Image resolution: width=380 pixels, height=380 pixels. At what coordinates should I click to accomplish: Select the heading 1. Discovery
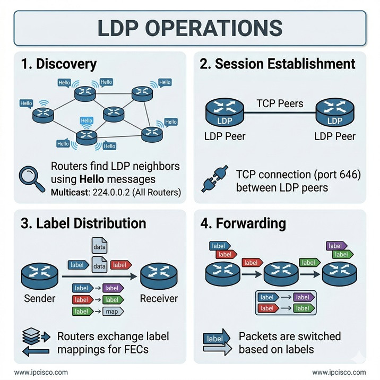click(58, 64)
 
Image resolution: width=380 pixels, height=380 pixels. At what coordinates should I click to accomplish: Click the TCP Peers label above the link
click(280, 103)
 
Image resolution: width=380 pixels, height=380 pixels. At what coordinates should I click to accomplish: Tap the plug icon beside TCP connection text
click(212, 180)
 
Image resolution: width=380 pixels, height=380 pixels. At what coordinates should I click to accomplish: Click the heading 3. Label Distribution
click(83, 223)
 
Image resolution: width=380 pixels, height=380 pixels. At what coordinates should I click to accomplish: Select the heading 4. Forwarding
click(243, 223)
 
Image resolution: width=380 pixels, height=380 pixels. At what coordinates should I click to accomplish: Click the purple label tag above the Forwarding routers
click(335, 246)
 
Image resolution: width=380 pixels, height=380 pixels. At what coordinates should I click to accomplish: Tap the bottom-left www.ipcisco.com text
click(41, 372)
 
